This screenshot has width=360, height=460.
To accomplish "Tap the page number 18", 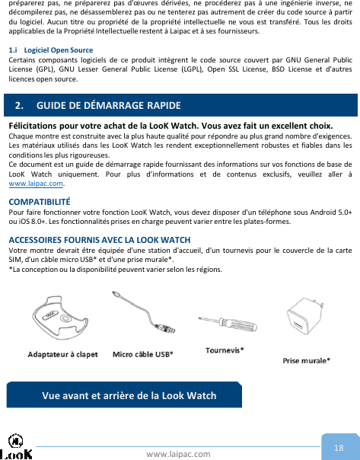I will pos(339,446).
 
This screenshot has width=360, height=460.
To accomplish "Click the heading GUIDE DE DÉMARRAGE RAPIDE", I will pos(106,104).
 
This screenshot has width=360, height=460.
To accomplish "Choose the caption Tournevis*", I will pos(225,350).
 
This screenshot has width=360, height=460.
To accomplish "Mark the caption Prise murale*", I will pos(306,360).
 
